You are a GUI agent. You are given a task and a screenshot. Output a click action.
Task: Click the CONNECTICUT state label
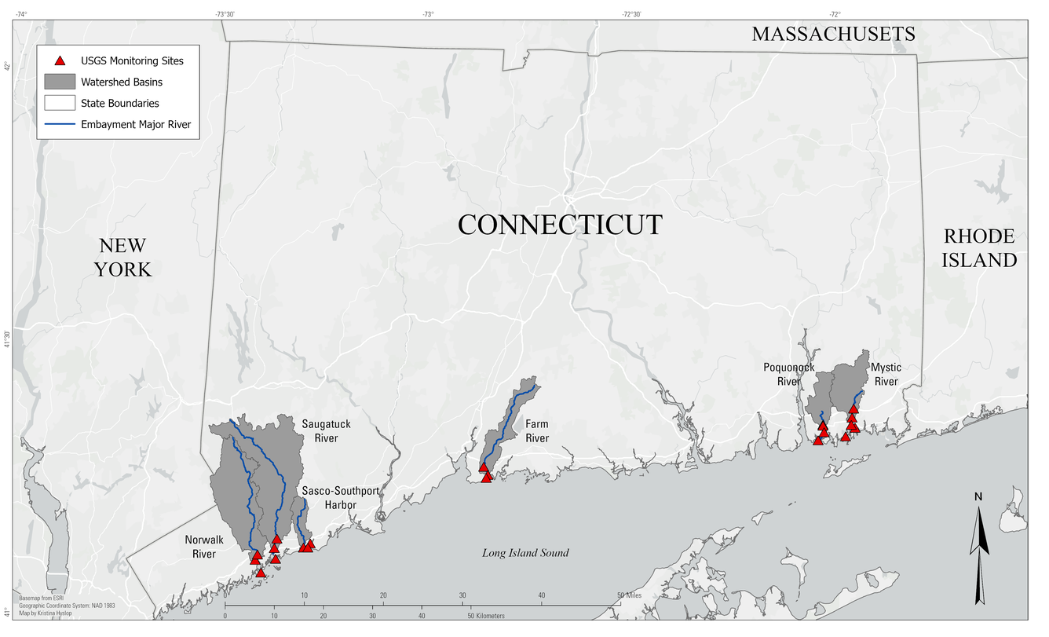tap(560, 225)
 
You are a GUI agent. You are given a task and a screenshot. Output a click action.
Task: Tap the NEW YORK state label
tap(122, 257)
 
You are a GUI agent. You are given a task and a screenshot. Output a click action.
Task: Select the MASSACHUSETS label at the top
tap(833, 34)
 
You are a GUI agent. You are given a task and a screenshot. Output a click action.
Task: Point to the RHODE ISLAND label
tap(979, 247)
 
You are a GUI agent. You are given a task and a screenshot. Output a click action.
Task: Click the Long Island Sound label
tap(525, 553)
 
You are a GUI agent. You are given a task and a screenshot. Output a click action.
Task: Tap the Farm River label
tap(537, 431)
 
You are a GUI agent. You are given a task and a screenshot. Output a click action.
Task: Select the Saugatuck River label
tap(320, 430)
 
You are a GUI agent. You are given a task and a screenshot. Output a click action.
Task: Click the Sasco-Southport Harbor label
tap(341, 497)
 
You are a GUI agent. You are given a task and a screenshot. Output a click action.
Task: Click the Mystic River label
tap(886, 374)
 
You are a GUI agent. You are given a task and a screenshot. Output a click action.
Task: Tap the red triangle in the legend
tap(60, 60)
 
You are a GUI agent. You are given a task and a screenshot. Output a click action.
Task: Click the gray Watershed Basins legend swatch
tap(60, 82)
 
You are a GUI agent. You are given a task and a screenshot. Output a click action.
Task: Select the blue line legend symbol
tap(60, 124)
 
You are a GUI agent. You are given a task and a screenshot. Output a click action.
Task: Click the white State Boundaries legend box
tap(60, 103)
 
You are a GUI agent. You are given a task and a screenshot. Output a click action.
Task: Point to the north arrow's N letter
tap(978, 496)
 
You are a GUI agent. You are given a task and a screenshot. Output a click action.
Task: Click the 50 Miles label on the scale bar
tap(630, 595)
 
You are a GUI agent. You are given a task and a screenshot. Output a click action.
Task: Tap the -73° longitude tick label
tap(428, 14)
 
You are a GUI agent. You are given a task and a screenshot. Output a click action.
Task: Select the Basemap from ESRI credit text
tap(41, 598)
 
